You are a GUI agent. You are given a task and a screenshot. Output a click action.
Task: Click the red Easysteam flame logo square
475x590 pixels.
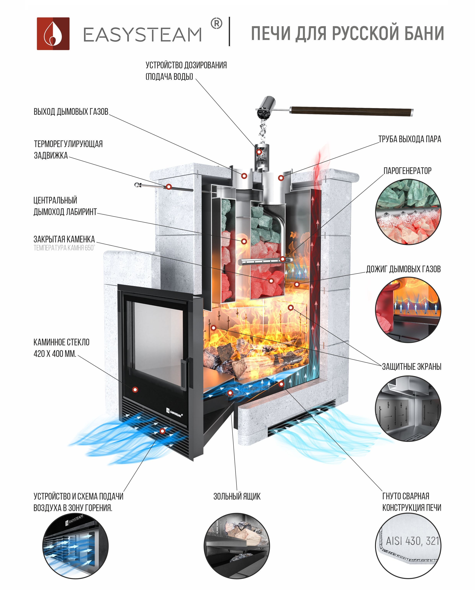[x=53, y=34]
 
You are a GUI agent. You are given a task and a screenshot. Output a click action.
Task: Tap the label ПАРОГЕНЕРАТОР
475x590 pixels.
[x=407, y=171]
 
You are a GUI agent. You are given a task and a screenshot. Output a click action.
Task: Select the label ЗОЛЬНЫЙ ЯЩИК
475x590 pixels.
[x=237, y=496]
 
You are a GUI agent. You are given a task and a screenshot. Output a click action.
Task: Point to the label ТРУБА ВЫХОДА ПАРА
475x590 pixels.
[x=410, y=139]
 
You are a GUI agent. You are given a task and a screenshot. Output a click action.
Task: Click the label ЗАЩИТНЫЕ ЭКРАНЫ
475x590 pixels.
[x=412, y=366]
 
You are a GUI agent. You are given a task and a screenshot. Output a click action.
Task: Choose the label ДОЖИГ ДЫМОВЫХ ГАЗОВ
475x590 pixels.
[x=403, y=269]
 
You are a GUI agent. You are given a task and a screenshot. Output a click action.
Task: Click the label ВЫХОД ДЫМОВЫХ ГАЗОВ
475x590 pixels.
[x=71, y=112]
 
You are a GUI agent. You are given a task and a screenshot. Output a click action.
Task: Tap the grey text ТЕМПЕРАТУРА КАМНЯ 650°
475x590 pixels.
[x=64, y=248]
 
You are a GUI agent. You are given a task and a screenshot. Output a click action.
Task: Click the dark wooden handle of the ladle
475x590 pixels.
[x=352, y=111]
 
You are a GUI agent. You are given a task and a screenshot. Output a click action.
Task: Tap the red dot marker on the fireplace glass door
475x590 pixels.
[x=135, y=390]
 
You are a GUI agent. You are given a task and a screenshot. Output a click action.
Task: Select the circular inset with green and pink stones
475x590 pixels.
[x=408, y=212]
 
